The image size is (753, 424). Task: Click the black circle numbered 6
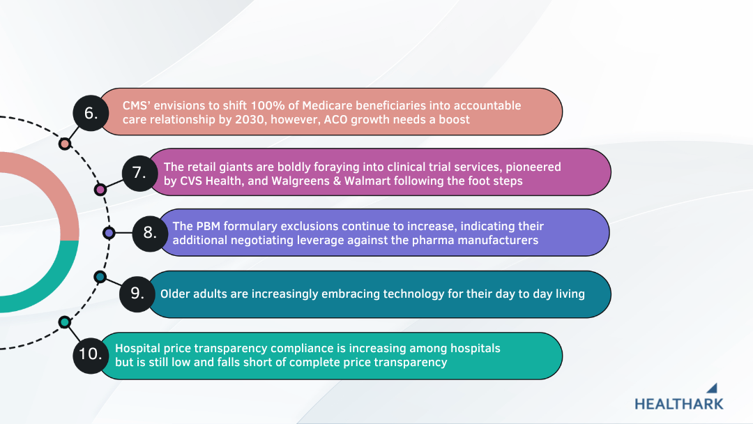[x=91, y=113]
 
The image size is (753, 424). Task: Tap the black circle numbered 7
[x=139, y=173]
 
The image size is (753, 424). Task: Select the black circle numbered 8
[x=151, y=234]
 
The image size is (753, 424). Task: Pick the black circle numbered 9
[x=137, y=294]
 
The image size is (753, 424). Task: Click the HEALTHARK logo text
[x=678, y=404]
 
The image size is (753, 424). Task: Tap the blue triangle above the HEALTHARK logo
[x=713, y=388]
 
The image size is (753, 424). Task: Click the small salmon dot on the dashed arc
[x=65, y=144]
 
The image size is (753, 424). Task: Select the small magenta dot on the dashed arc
[x=100, y=190]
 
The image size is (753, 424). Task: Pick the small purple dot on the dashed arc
[x=109, y=233]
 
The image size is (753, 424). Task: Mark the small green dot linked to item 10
[x=65, y=322]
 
